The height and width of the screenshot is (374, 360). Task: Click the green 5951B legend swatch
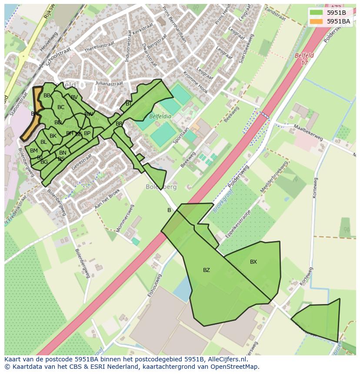pos(317,13)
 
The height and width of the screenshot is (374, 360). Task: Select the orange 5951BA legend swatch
pos(317,21)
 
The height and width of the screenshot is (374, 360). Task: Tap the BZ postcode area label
pos(207,270)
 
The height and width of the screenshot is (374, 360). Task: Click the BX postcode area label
pos(253,262)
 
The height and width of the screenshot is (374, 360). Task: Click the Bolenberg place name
pos(161,187)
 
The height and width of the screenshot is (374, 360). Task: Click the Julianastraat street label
pos(111,84)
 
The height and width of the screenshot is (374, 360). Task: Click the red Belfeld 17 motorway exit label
pos(303,59)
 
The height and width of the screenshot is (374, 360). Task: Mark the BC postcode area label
pos(61,107)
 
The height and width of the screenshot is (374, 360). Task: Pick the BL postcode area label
pos(43,142)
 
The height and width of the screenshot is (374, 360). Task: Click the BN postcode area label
pos(63,153)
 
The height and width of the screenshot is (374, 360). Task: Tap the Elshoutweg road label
pos(154,285)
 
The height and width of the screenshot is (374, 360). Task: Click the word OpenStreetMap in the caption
pos(234,367)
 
